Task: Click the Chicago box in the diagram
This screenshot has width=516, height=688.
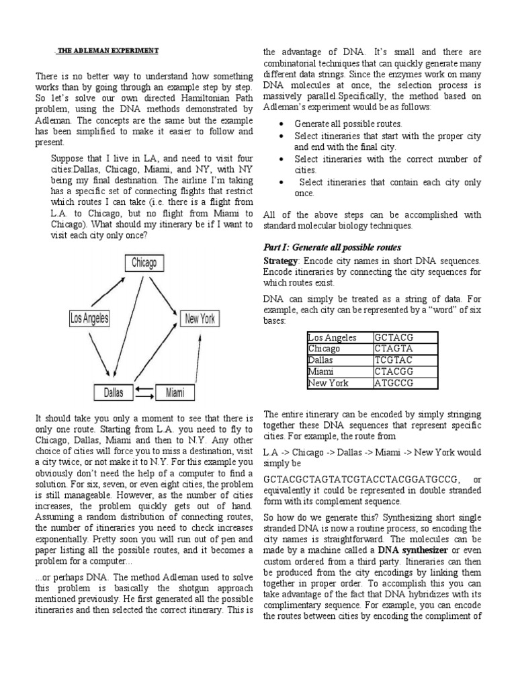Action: coord(144,263)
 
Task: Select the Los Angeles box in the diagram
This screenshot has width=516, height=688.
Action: coord(90,318)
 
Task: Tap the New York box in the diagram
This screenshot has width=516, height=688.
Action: coord(200,318)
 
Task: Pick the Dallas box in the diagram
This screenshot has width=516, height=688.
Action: coord(113,392)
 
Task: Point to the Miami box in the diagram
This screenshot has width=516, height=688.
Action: coord(175,392)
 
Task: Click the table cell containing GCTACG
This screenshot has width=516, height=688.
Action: coord(405,338)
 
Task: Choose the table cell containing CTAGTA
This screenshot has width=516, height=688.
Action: coord(405,349)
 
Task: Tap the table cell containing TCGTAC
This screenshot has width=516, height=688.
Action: coord(405,360)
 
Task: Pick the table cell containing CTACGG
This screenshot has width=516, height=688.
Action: coord(405,372)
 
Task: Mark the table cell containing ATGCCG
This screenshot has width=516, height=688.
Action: coord(405,383)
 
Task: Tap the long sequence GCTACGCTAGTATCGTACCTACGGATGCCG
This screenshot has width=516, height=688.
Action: coord(362,479)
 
